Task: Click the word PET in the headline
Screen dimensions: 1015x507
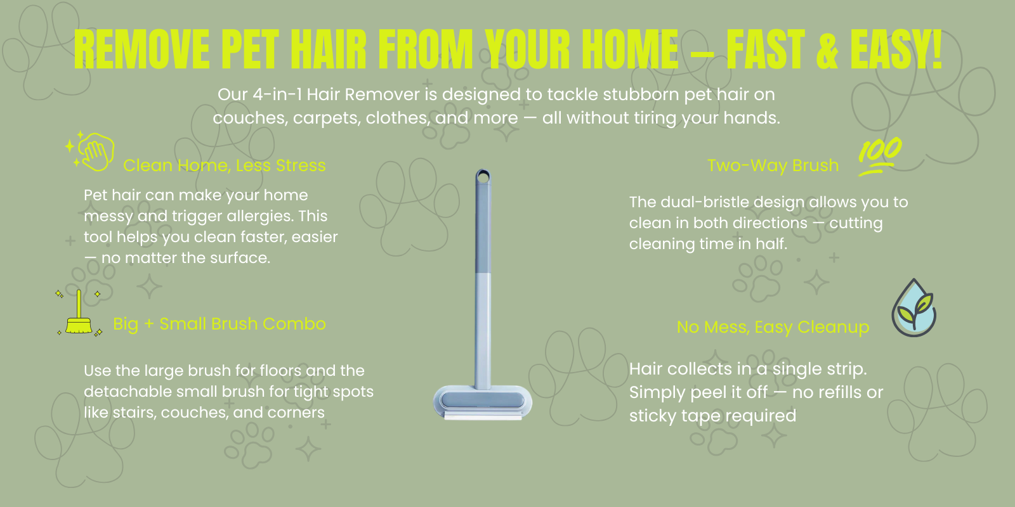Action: pos(250,49)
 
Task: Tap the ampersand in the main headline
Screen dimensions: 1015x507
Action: pos(827,49)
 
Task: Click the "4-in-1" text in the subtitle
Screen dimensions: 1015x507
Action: pos(277,94)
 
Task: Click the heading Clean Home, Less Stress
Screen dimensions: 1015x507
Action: pos(225,165)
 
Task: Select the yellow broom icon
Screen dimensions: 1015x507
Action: pos(79,313)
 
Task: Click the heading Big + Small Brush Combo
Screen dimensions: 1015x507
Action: pos(219,324)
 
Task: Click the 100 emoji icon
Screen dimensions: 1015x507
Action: pos(879,156)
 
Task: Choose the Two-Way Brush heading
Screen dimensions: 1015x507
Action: pos(773,165)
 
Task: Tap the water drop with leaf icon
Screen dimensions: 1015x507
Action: pos(913,308)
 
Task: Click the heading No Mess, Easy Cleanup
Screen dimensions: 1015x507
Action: pos(773,327)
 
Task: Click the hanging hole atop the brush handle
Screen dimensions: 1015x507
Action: pos(483,176)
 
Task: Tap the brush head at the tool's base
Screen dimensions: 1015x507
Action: pos(483,402)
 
